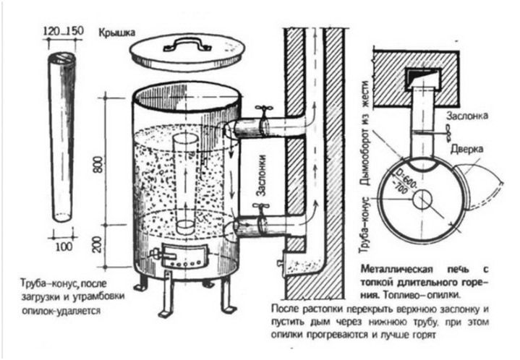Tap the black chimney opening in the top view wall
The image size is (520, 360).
coord(417,74)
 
